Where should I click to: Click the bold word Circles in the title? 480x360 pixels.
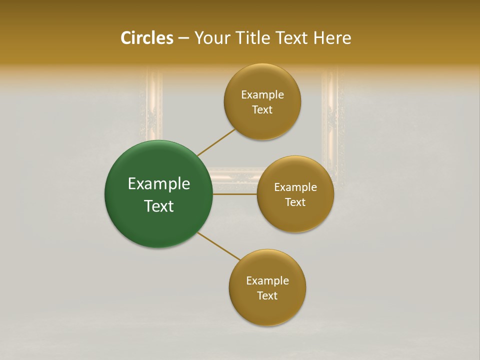[x=146, y=38]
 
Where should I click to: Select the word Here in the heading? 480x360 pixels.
[x=332, y=38]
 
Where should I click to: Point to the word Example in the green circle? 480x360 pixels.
[x=159, y=184]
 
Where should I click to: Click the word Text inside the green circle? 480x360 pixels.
[x=159, y=206]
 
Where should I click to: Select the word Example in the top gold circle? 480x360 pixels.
[x=262, y=95]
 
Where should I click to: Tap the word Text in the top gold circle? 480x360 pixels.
[x=262, y=110]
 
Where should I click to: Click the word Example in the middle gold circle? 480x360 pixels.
[x=295, y=187]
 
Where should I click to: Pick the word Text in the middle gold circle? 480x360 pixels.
[x=295, y=202]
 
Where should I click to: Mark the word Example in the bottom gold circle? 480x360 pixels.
[x=267, y=281]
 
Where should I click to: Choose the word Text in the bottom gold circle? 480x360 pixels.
[x=267, y=296]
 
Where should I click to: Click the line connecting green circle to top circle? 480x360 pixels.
[x=216, y=142]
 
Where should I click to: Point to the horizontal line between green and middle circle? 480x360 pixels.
[x=234, y=193]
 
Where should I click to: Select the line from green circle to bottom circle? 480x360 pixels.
[x=219, y=246]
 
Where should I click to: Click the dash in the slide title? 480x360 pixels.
[x=183, y=38]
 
